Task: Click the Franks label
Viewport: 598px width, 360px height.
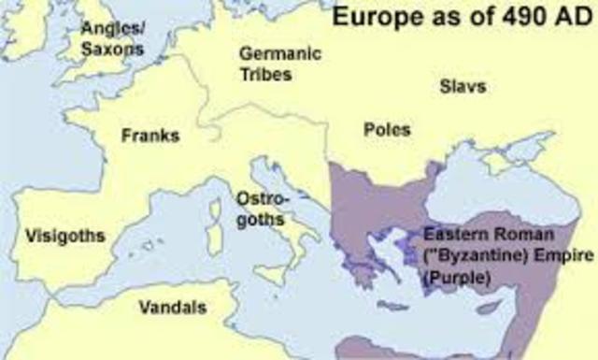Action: [x=149, y=137]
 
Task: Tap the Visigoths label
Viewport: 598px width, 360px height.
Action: [x=65, y=235]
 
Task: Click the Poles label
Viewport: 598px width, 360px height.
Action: [x=387, y=130]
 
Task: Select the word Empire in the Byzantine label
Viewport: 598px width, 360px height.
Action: [x=550, y=255]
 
